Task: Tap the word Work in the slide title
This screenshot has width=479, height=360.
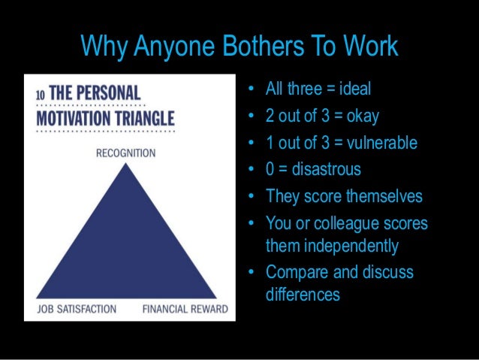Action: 371,47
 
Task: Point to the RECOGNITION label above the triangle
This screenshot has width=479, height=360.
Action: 125,153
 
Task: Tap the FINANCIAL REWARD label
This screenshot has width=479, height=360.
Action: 179,309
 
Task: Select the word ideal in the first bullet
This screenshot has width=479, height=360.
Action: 354,91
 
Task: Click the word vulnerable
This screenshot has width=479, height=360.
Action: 382,143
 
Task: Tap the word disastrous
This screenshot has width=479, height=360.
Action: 327,169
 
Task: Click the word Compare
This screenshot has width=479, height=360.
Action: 294,272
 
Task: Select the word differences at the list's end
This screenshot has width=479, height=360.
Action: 303,295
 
